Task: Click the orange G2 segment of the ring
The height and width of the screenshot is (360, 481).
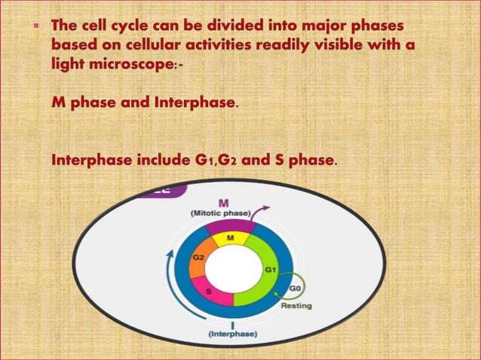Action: click(200, 257)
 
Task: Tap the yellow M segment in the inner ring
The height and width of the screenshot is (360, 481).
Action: click(231, 239)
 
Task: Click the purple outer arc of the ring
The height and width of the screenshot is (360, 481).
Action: click(230, 225)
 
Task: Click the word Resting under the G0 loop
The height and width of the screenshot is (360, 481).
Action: click(296, 306)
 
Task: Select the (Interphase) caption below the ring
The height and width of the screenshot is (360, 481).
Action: click(231, 333)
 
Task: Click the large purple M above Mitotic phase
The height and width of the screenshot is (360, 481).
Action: click(224, 202)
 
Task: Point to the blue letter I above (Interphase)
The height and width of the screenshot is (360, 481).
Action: click(231, 324)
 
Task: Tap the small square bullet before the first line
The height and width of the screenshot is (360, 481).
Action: click(33, 26)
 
